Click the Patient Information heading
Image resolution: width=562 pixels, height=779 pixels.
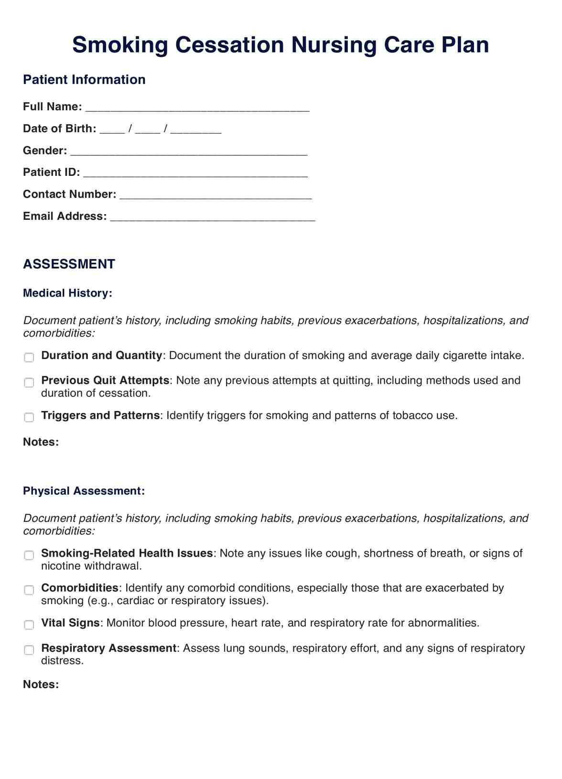(84, 79)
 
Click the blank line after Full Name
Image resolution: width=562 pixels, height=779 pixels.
(197, 108)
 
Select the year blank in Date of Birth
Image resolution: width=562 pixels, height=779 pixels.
(196, 130)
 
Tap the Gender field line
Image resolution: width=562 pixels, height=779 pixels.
(189, 151)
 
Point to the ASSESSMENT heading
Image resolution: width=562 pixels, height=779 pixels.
(69, 264)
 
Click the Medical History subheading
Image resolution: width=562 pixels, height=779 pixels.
(67, 293)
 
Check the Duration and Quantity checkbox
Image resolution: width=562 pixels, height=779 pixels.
(29, 357)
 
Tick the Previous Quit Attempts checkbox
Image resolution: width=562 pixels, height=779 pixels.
(29, 382)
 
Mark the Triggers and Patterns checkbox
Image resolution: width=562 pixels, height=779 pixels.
(29, 417)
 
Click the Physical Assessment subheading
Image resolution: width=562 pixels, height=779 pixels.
(84, 491)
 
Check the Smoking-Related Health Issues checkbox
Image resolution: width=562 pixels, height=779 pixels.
(29, 555)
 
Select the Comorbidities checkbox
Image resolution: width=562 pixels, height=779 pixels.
(29, 590)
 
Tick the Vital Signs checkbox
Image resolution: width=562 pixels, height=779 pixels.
(29, 625)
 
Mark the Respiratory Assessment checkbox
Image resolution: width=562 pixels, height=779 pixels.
(29, 650)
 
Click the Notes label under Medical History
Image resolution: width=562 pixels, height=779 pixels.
(41, 442)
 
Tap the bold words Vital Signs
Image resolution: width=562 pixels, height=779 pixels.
(70, 623)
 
